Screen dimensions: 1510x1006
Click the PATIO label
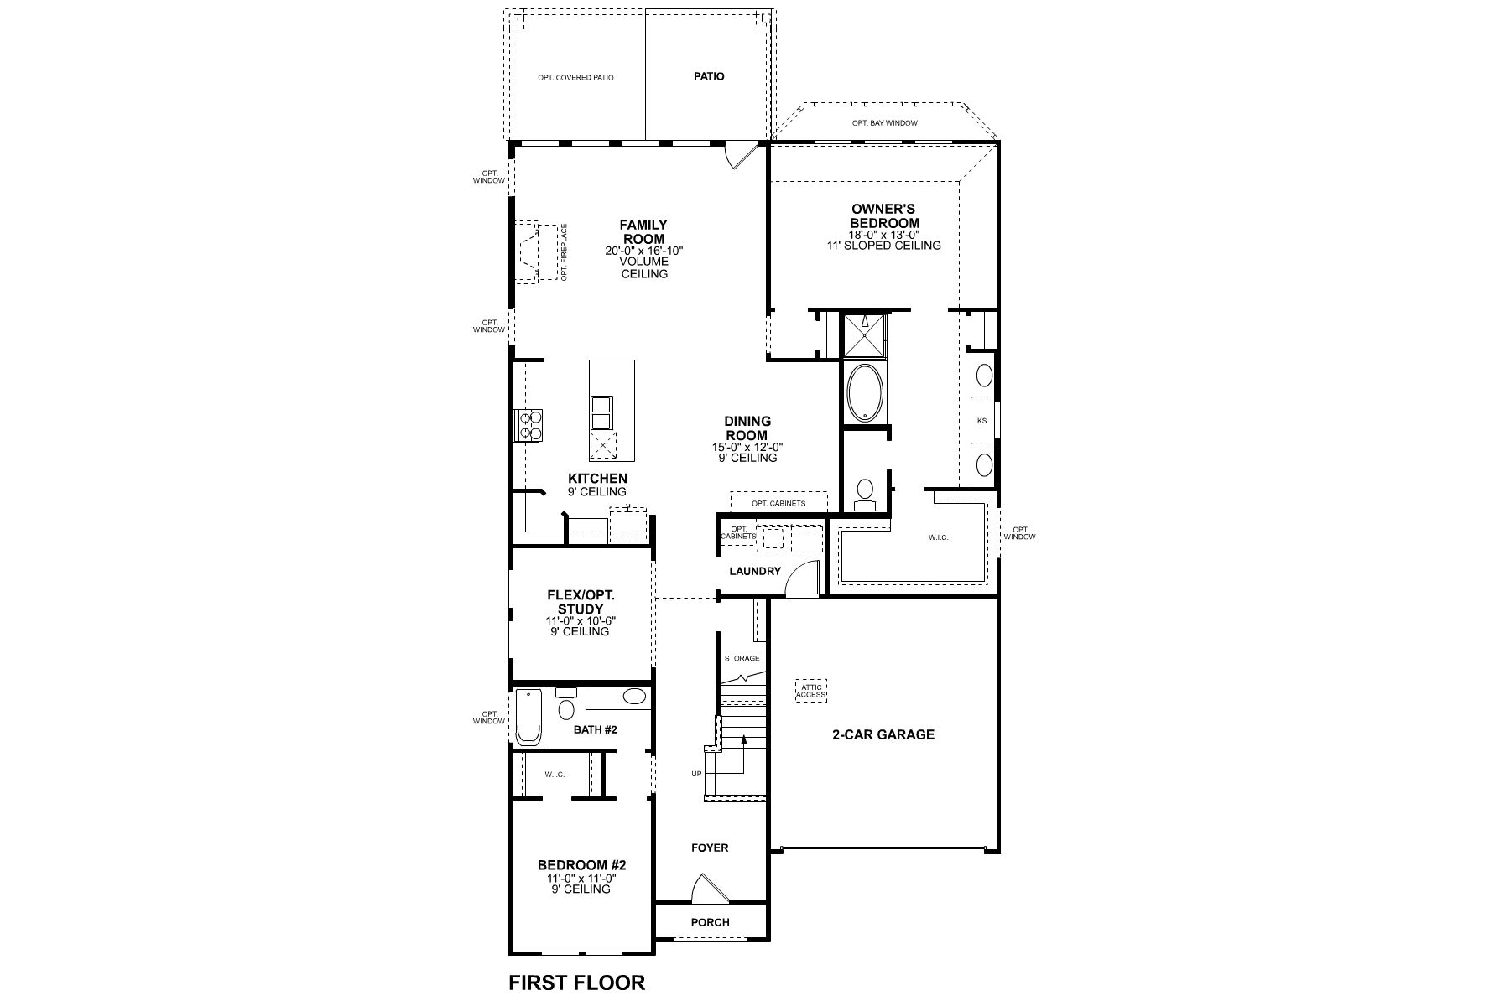(x=709, y=76)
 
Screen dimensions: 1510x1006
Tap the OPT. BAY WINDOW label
(x=884, y=123)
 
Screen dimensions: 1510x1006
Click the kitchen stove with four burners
(x=528, y=424)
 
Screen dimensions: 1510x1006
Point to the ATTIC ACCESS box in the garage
(x=810, y=691)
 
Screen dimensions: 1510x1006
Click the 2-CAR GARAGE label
(x=883, y=734)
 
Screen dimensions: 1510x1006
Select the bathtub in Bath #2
(x=528, y=718)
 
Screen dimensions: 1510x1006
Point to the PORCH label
(x=710, y=922)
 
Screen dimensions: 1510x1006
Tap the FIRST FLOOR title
(x=577, y=982)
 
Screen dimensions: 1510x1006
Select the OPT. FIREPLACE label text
(x=565, y=251)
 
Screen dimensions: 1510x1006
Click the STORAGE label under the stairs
(x=742, y=658)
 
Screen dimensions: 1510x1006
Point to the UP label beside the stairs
(x=696, y=774)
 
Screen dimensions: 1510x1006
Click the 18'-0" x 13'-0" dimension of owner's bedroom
(x=884, y=235)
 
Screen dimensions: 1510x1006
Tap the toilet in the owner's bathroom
(x=864, y=493)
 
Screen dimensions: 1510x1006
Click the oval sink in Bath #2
(x=635, y=697)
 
